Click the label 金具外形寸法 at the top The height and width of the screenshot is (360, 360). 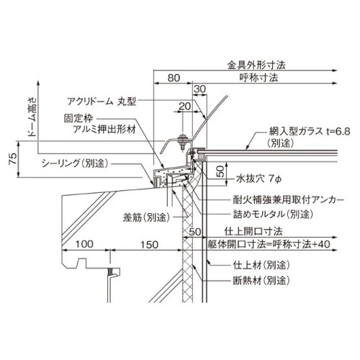256,65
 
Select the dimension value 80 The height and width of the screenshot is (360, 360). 174,78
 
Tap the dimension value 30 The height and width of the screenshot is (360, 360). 199,89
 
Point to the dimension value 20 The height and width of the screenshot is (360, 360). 184,107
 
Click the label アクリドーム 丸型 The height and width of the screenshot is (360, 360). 102,102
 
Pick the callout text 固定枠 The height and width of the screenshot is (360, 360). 78,118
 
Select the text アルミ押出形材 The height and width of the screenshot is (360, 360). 104,130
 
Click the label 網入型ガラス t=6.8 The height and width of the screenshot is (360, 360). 310,132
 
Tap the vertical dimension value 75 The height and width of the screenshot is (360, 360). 13,158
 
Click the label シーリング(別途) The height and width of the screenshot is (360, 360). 75,163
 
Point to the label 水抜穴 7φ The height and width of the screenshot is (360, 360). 258,179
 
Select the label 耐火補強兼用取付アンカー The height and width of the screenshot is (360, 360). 289,199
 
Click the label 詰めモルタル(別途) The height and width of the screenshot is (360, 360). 274,214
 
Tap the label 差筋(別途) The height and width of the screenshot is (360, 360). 147,217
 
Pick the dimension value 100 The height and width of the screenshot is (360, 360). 84,244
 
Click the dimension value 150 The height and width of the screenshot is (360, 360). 149,245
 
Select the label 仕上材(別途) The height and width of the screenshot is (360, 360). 261,265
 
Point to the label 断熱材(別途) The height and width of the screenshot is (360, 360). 261,280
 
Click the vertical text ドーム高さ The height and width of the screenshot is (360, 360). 32,117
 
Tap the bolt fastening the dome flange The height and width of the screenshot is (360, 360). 182,143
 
